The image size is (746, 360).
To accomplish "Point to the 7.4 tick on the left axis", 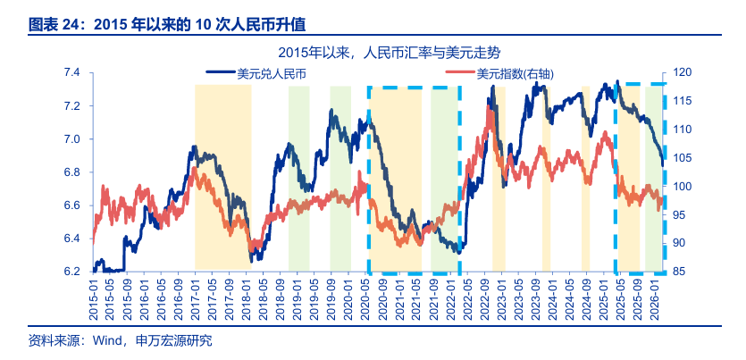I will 71,72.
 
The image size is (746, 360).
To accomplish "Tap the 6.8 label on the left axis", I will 71,172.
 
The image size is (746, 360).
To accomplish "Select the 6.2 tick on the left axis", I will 71,272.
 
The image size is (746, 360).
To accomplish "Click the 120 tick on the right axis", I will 683,72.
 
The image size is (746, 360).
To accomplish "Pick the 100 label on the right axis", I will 683,187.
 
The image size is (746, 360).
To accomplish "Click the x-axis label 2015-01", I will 93,297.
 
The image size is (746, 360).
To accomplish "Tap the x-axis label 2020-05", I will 367,297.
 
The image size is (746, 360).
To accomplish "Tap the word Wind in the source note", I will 107,340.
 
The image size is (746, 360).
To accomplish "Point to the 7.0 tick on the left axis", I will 71,139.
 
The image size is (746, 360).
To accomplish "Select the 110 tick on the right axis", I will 683,130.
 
